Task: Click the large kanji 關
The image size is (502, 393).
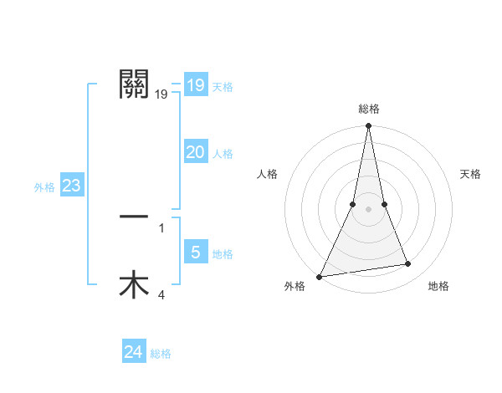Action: point(134,84)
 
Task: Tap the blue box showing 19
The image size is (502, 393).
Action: point(195,84)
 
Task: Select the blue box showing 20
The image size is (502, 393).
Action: point(195,152)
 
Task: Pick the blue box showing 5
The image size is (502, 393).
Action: point(195,253)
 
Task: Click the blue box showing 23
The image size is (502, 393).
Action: point(71,186)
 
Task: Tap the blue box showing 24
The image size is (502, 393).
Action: point(134,352)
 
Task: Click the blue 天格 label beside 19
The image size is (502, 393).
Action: point(223,87)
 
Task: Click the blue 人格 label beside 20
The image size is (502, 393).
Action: point(223,154)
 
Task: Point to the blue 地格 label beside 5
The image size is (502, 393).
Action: point(223,254)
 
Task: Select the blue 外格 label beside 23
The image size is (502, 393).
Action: point(44,187)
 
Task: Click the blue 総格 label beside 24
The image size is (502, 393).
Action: point(161,354)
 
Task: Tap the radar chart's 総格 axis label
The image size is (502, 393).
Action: point(368,109)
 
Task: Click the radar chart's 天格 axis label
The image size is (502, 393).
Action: point(470,174)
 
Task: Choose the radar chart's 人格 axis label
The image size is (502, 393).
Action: point(268,174)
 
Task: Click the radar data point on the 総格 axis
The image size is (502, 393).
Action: point(368,127)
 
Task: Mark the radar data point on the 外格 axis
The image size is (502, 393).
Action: point(320,277)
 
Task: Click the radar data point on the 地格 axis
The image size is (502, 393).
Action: point(408,264)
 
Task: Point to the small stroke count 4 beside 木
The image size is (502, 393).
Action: point(161,294)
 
